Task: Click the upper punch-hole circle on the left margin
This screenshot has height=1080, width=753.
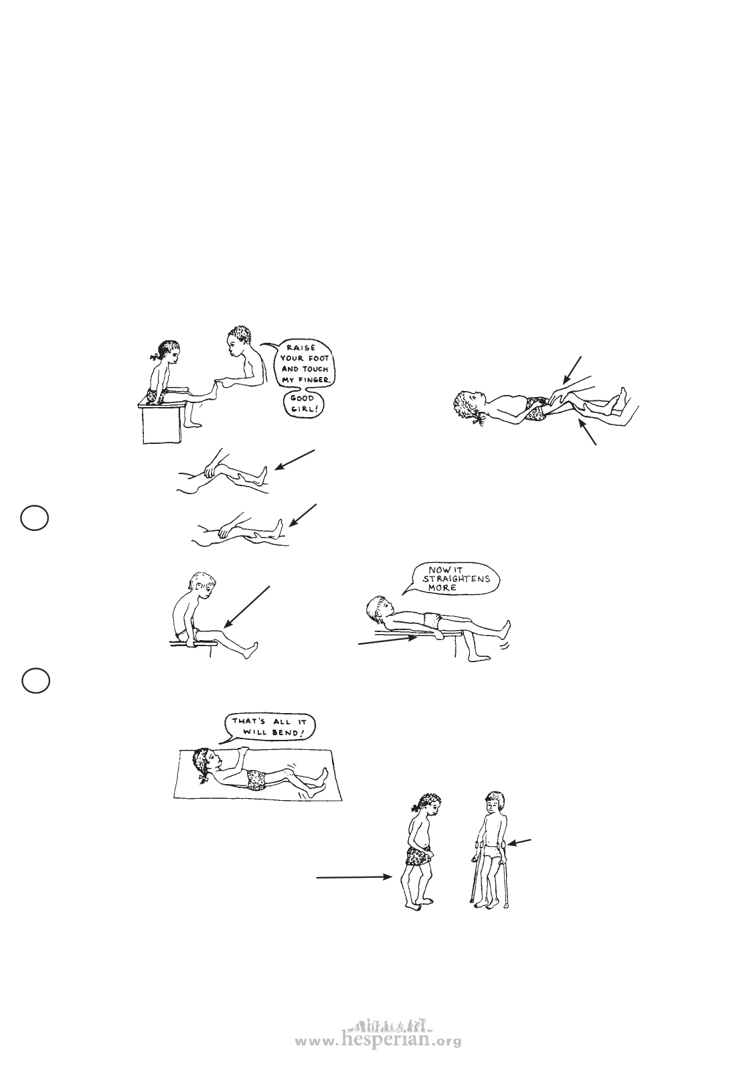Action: coord(35,518)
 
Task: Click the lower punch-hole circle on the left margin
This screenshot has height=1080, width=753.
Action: coord(35,681)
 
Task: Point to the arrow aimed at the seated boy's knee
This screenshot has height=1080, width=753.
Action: coord(247,607)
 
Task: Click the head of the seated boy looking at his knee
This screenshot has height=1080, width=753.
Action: coord(201,585)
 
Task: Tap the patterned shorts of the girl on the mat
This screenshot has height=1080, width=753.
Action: coord(256,779)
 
